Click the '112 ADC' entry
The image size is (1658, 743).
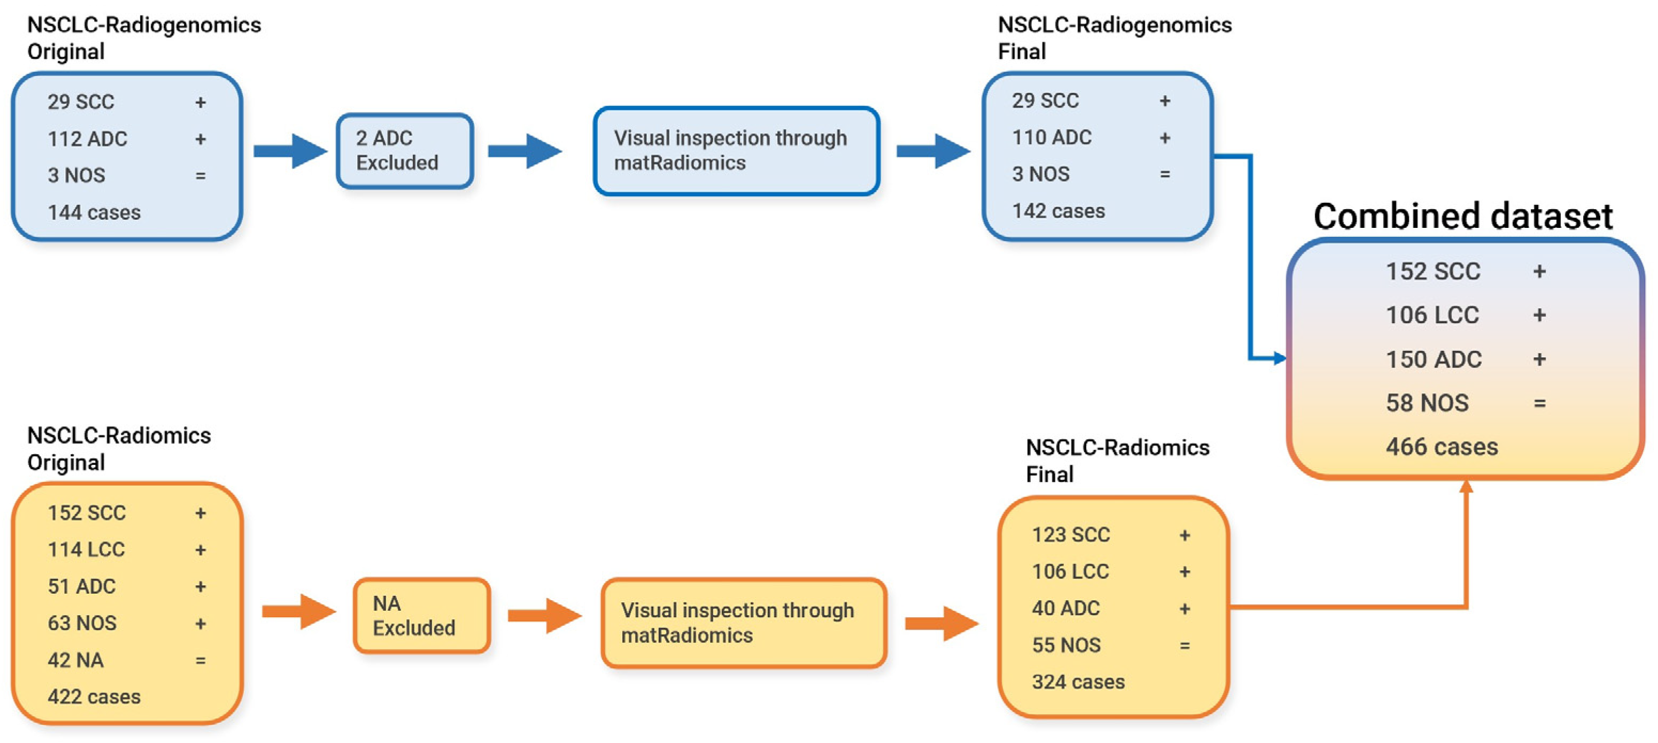88,139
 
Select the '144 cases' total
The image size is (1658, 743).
94,212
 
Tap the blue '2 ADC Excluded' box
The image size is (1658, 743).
405,151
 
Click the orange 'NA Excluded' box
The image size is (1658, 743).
421,616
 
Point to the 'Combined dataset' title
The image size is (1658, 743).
1462,216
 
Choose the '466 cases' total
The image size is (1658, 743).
1442,447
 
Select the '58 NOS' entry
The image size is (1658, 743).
1427,403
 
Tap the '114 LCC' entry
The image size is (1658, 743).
86,550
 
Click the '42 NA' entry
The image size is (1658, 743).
75,661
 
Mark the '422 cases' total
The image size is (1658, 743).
94,696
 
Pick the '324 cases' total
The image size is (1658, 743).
1078,682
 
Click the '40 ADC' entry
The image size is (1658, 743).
1066,608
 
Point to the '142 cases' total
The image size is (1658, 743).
1058,211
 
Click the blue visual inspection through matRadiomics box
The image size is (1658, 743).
736,151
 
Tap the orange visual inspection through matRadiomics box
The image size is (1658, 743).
744,623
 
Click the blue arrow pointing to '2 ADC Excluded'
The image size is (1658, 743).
290,151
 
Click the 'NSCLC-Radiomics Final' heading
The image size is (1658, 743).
1117,461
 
